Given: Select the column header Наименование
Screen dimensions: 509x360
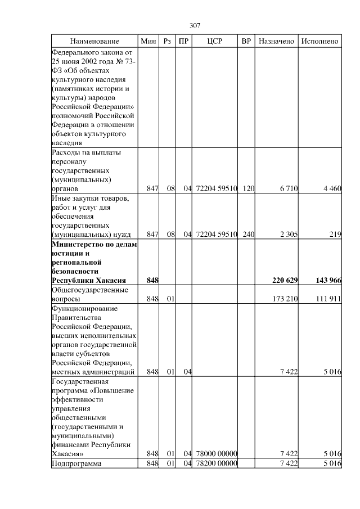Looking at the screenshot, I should tap(94, 42).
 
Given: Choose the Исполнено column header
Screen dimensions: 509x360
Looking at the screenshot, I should tap(319, 42).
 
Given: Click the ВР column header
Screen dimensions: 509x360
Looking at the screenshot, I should tap(246, 42).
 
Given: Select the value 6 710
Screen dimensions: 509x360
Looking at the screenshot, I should tap(287, 188).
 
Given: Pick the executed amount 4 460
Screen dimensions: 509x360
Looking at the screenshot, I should tap(332, 188).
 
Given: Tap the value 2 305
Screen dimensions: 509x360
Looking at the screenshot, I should tap(287, 234).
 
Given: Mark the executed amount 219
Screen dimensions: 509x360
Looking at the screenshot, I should tap(335, 234).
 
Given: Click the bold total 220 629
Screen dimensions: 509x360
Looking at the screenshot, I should tap(285, 280).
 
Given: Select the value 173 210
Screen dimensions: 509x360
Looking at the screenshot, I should tap(285, 298).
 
